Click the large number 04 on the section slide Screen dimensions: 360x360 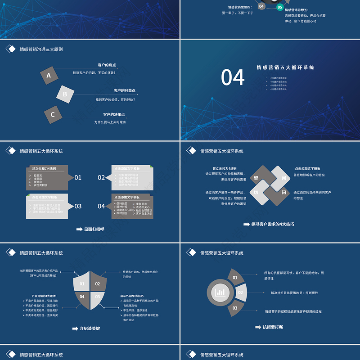click(233, 77)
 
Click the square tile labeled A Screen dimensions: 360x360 click(49, 75)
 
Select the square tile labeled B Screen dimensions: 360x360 click(65, 94)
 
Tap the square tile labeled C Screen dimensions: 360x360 click(53, 114)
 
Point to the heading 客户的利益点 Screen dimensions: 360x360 click(125, 90)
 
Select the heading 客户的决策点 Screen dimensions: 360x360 click(114, 114)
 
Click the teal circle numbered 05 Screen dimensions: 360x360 click(279, 7)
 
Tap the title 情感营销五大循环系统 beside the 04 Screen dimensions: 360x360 click(285, 67)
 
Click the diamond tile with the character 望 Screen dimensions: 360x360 click(256, 178)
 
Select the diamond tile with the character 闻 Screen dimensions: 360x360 click(284, 178)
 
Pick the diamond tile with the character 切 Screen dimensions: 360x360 click(256, 192)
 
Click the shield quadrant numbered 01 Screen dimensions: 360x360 click(82, 284)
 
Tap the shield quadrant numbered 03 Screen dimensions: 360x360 click(98, 297)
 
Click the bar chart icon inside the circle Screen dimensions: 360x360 click(220, 292)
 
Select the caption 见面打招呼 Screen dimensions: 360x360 click(94, 229)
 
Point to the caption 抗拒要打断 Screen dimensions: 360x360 click(273, 327)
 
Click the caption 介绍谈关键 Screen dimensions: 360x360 click(90, 328)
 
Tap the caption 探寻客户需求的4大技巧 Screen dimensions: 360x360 click(272, 224)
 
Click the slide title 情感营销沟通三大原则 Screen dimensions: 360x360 click(41, 49)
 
